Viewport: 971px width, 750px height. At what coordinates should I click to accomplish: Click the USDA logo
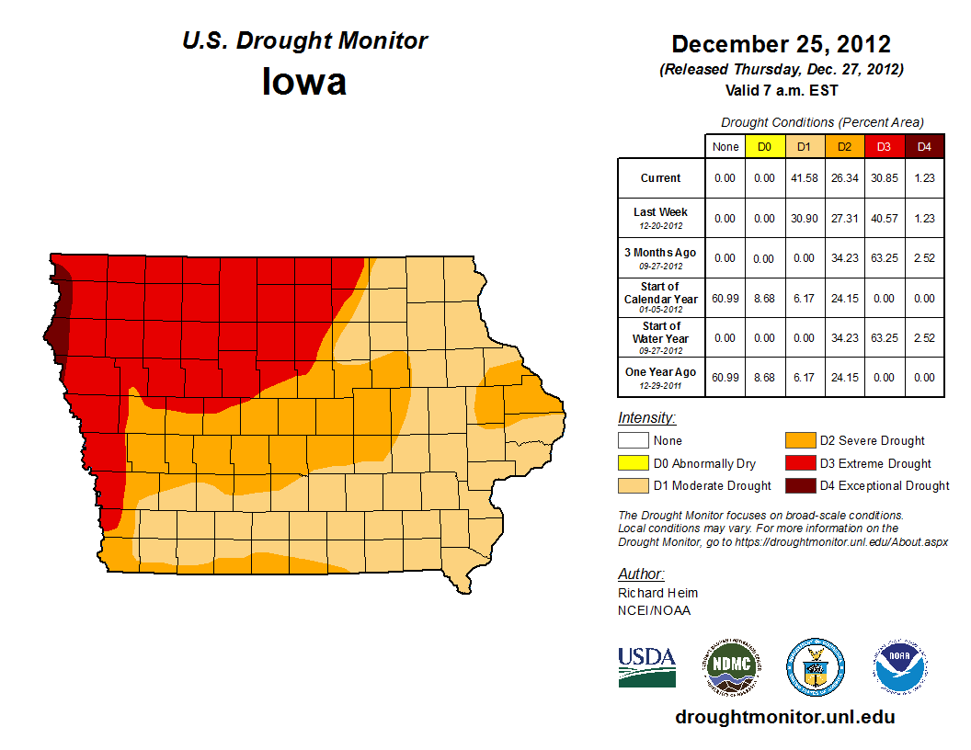[x=646, y=666]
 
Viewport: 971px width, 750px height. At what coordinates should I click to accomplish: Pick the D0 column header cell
[x=764, y=146]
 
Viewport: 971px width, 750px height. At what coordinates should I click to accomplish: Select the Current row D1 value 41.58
[x=804, y=178]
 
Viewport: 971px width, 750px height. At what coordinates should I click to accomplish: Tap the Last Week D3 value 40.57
[x=884, y=218]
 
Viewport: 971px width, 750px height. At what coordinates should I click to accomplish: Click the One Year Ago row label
[x=661, y=376]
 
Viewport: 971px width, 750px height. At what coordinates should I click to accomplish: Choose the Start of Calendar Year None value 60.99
[x=725, y=298]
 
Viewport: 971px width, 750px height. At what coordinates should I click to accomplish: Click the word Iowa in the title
[x=304, y=82]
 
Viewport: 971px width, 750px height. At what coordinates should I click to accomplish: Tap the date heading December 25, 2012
[x=781, y=44]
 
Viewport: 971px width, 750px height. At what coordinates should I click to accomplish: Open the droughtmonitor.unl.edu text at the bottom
[x=784, y=717]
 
